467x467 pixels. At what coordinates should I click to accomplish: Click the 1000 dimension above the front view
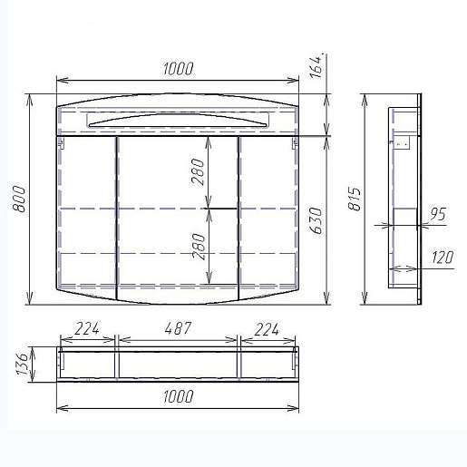(x=178, y=69)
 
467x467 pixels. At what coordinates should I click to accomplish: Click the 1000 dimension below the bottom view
(x=178, y=396)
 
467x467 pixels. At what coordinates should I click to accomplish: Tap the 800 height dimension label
(x=19, y=199)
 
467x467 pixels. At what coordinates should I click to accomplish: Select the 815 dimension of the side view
(x=355, y=199)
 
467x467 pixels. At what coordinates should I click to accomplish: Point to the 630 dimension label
(x=316, y=220)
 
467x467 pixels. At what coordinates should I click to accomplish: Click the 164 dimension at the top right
(x=316, y=66)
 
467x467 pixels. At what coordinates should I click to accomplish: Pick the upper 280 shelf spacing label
(x=198, y=171)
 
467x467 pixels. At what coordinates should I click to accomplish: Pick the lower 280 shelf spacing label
(x=199, y=247)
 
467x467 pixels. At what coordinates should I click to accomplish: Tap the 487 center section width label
(x=179, y=328)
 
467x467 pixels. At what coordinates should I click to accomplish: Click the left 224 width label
(x=87, y=328)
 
